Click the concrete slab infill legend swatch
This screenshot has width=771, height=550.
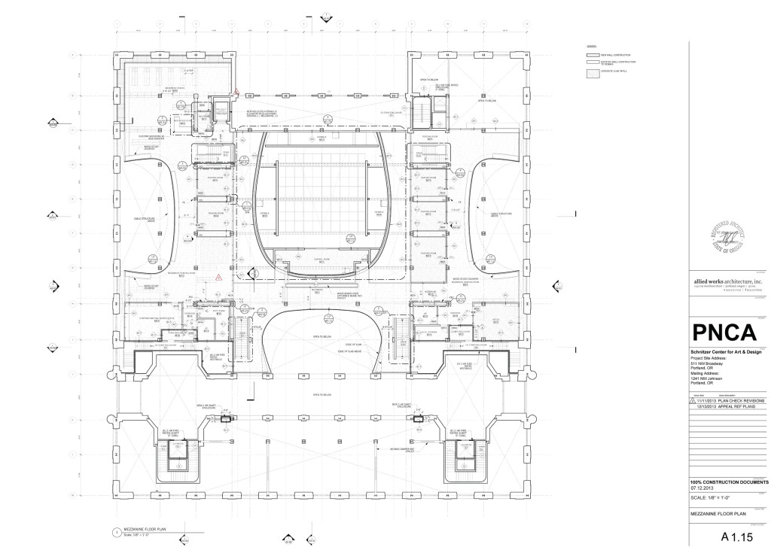pos(593,72)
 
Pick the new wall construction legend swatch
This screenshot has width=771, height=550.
pos(593,56)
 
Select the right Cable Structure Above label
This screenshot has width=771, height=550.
pos(502,214)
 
